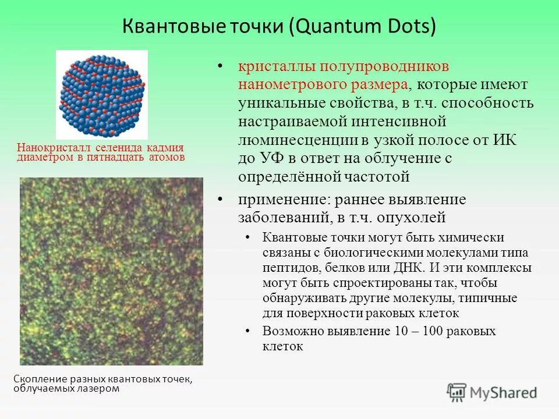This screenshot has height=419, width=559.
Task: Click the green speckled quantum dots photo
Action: click(111, 271)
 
